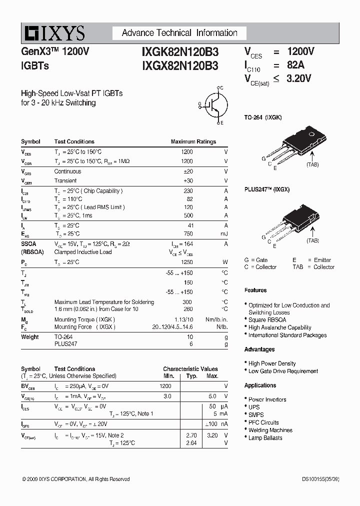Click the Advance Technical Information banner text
pos(179,33)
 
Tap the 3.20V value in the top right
pos(299,78)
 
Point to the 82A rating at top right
pos(295,65)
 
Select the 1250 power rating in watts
pos(186,262)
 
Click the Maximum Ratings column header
pos(193,141)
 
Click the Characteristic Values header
pos(190,369)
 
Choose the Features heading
pos(255,290)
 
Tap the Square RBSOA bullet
pos(267,320)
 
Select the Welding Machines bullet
pos(270,430)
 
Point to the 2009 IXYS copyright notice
pos(76,479)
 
